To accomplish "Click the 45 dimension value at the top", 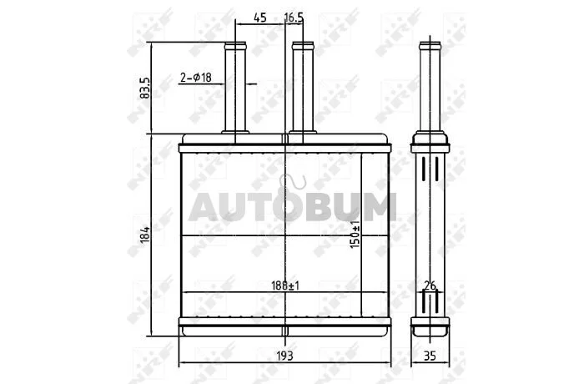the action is click(x=260, y=18).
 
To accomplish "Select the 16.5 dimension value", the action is click(x=294, y=18).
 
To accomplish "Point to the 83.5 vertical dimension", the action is click(x=144, y=88).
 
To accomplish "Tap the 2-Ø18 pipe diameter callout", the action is click(x=196, y=78).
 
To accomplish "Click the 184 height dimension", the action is click(x=145, y=235).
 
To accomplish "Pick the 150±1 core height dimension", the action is click(x=355, y=234).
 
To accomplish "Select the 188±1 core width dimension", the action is click(x=285, y=286).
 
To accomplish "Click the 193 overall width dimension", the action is click(x=285, y=356).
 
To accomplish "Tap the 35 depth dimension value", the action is click(x=430, y=356).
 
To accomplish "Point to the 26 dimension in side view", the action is click(x=430, y=286).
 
